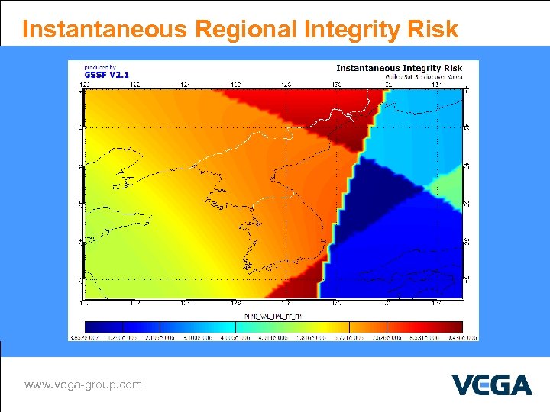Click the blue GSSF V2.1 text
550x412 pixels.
(x=106, y=75)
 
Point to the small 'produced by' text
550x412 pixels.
(x=100, y=67)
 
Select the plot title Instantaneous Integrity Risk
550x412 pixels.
(x=400, y=69)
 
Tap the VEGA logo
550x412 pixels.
(x=491, y=385)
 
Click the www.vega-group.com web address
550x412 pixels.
(x=82, y=385)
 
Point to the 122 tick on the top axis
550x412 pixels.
(x=134, y=84)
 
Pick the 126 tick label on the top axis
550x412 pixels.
(x=235, y=84)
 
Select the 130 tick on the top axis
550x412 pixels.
(x=336, y=84)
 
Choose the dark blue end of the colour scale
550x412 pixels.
(x=90, y=326)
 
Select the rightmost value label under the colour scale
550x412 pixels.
(x=464, y=336)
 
